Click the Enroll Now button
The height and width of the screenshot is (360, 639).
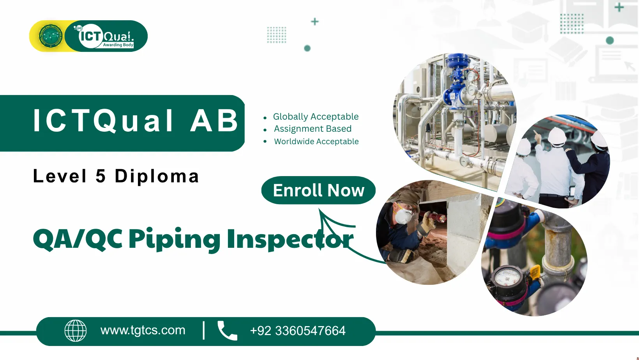point(318,190)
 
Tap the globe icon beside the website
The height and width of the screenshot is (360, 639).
point(76,331)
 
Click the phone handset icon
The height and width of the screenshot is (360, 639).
point(228,331)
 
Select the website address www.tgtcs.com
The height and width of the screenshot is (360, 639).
point(143,330)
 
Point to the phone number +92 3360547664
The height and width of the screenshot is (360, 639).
point(298,331)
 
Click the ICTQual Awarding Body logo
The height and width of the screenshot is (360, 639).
point(106,36)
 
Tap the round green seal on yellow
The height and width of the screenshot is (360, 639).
point(51,36)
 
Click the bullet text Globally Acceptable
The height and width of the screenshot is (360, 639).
point(316,116)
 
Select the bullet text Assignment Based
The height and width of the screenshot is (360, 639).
point(312,129)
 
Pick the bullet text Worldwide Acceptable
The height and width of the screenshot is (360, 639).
point(316,141)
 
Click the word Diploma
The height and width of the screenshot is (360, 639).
point(157,176)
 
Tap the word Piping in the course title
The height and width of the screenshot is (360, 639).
point(174,240)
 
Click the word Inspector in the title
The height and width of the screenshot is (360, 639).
point(290,240)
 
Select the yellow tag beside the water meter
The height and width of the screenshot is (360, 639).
point(534,273)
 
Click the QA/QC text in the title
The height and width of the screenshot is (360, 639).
point(78,240)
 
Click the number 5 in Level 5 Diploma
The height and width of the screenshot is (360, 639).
point(101,176)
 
